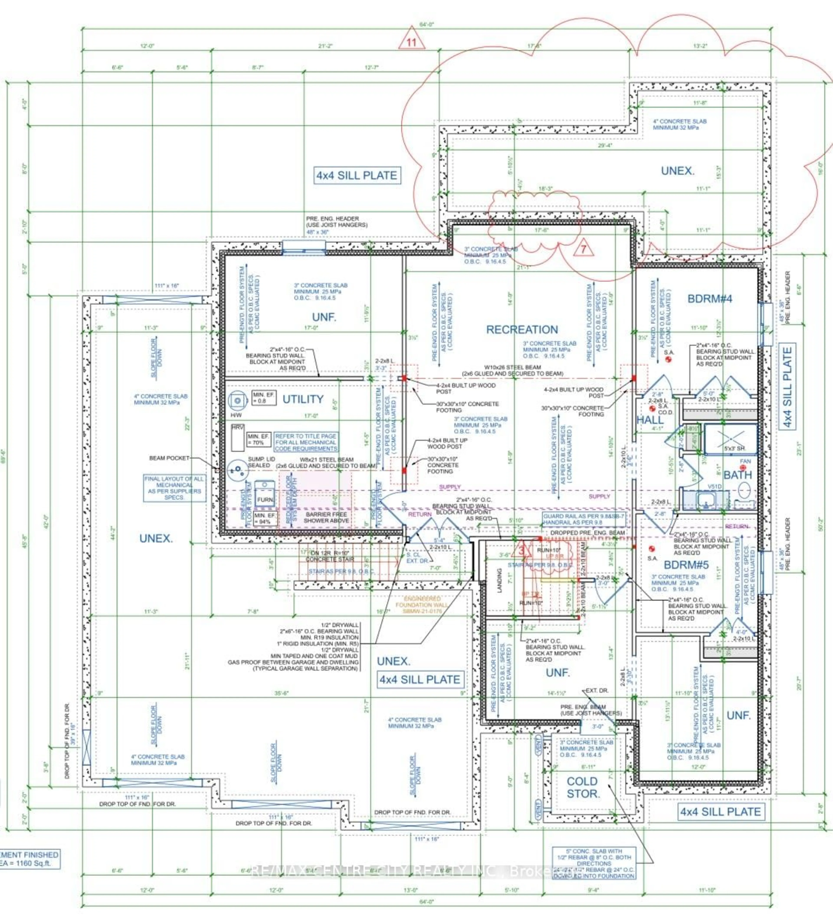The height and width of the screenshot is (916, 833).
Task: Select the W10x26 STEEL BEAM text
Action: [513, 367]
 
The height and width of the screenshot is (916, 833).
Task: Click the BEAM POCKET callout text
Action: [169, 458]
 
